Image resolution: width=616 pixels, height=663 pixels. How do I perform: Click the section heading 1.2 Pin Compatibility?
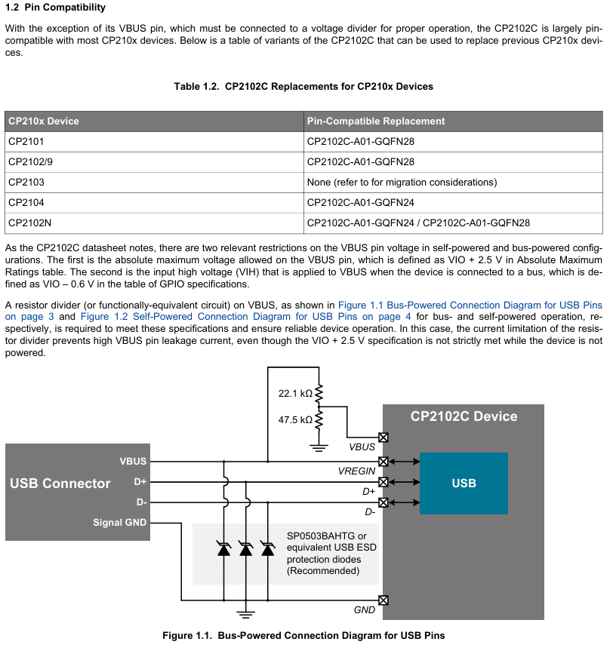(x=55, y=8)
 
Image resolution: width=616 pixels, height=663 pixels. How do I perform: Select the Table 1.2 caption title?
(x=303, y=87)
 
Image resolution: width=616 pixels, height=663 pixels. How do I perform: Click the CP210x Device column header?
(x=44, y=121)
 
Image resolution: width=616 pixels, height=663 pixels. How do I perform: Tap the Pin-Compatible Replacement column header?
(x=376, y=121)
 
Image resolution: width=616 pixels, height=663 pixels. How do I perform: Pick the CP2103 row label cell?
(x=26, y=182)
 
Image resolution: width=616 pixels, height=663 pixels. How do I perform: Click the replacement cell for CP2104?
(x=361, y=202)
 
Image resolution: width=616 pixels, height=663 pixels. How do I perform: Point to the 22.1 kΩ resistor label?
(x=295, y=393)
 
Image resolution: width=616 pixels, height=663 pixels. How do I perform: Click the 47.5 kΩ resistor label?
(x=295, y=419)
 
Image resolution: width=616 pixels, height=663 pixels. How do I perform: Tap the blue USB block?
(x=464, y=483)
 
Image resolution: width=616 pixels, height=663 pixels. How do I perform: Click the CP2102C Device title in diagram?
(x=464, y=416)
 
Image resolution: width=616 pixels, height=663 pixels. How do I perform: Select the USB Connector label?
(x=60, y=483)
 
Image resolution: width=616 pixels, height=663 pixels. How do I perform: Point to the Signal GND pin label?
(x=119, y=522)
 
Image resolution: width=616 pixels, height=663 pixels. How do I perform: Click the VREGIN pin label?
(x=357, y=471)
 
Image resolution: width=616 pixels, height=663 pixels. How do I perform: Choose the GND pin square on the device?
(x=383, y=600)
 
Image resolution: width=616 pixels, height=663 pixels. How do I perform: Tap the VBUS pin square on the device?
(x=383, y=437)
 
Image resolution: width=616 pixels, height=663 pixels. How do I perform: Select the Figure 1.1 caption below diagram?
(x=303, y=636)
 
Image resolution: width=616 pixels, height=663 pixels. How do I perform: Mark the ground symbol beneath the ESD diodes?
(x=245, y=612)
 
